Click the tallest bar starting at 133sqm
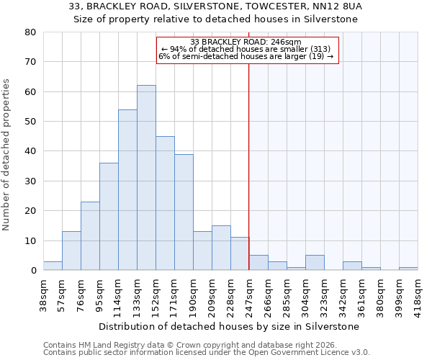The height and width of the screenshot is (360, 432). point(146,178)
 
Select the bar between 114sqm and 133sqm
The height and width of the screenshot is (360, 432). point(127,190)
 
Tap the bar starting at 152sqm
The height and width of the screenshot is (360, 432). point(165,203)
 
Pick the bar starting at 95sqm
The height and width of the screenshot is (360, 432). point(109,217)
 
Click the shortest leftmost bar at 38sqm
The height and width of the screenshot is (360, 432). point(53,266)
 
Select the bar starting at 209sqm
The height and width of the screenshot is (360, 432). point(221,248)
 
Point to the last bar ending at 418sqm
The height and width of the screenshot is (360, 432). point(408,269)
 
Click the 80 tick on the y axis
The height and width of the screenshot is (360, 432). point(31,32)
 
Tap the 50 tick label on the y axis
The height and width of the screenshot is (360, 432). point(31,122)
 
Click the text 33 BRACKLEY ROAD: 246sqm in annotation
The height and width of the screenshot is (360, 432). point(246,42)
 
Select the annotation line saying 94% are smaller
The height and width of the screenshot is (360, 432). point(246,49)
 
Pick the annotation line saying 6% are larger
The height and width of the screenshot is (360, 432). point(246,56)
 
